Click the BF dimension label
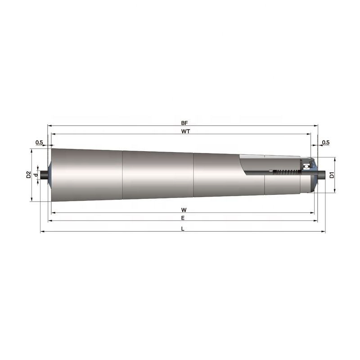184,122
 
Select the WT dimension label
184,130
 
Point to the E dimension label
183,217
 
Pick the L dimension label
183,228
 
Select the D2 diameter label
28,175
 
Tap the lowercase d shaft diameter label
36,175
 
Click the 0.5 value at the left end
39,143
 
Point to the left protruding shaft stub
44,175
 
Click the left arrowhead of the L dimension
42,232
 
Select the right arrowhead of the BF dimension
316,126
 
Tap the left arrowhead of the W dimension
53,213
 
